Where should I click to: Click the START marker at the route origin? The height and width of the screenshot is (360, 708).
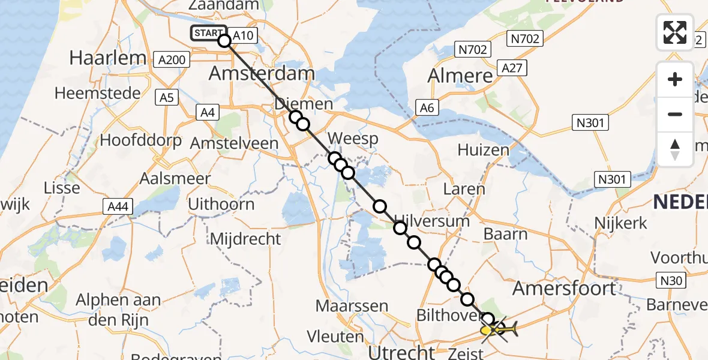(x=208, y=34)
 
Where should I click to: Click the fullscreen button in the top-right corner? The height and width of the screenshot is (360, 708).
(x=675, y=32)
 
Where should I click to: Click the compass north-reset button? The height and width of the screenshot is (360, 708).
(x=675, y=149)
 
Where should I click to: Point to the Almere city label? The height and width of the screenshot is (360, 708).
(x=460, y=76)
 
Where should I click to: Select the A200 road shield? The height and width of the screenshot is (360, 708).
(x=171, y=59)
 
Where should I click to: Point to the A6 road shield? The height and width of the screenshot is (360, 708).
(x=427, y=108)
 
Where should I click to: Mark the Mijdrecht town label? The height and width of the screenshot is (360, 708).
(x=245, y=239)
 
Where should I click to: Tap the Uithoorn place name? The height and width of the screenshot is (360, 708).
(x=221, y=204)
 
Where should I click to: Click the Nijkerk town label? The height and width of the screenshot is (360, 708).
(x=620, y=223)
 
